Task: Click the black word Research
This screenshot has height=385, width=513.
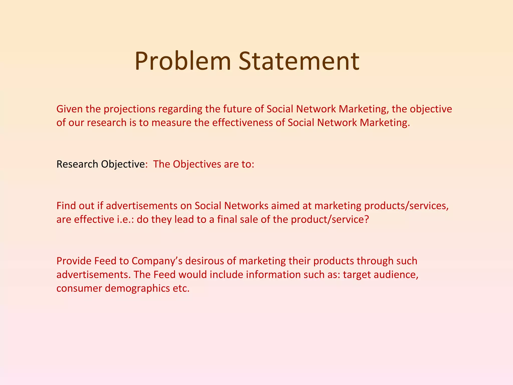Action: point(77,164)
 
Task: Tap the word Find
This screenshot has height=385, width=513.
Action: point(66,206)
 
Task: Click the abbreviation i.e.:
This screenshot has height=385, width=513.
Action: point(125,220)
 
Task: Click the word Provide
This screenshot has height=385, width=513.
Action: point(74,261)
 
